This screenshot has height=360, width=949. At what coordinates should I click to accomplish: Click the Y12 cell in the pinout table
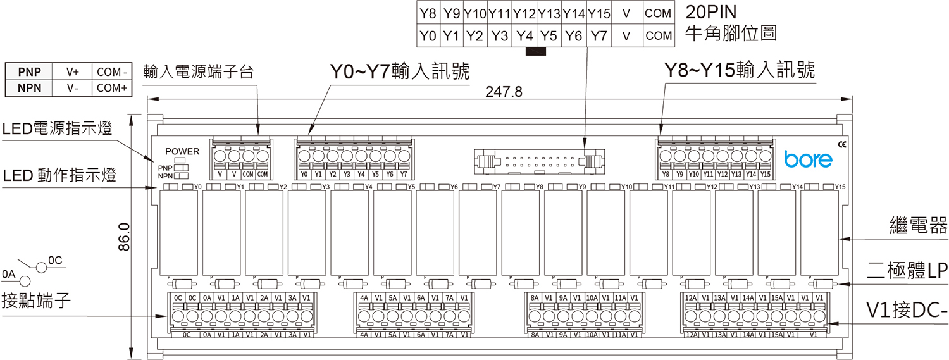[524, 13]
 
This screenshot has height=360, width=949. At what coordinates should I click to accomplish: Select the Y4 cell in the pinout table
[524, 36]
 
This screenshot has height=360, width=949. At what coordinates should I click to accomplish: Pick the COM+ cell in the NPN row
[112, 88]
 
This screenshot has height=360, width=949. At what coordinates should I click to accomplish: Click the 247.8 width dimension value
[504, 92]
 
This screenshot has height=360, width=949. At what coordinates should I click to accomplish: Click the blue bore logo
[808, 159]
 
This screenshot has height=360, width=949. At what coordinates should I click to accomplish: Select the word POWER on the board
[182, 151]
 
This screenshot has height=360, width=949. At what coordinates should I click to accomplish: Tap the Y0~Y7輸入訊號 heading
[400, 71]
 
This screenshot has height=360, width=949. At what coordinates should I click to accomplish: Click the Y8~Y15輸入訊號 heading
[739, 70]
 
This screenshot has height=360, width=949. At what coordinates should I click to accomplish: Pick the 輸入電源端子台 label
[199, 71]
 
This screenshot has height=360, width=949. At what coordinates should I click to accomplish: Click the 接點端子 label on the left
[35, 300]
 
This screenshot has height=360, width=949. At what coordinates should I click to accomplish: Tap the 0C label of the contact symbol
[56, 260]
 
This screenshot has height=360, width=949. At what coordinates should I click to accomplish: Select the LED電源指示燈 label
[57, 129]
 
